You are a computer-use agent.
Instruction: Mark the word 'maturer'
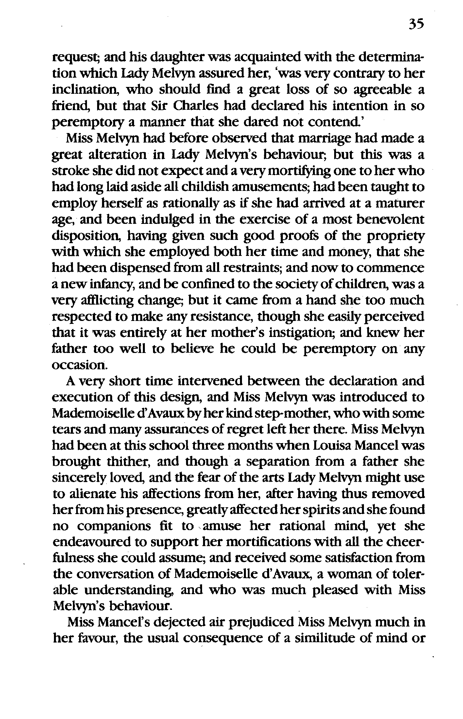tap(400, 204)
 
